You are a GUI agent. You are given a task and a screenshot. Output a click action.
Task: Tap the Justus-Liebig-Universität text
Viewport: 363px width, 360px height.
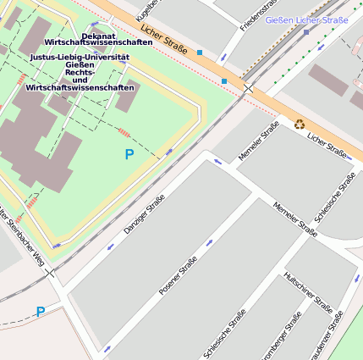[80, 58]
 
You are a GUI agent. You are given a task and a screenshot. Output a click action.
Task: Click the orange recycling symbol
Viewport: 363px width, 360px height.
[300, 124]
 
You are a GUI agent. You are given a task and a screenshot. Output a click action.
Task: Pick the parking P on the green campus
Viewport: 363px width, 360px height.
[129, 155]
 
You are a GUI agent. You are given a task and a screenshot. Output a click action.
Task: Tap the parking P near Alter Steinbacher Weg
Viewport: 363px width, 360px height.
[40, 313]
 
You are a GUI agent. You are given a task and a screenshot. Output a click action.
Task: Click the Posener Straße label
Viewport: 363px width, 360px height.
[178, 275]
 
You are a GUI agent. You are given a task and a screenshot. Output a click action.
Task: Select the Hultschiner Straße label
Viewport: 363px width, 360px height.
[308, 291]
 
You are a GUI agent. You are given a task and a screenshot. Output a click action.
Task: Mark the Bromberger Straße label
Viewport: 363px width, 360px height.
[282, 336]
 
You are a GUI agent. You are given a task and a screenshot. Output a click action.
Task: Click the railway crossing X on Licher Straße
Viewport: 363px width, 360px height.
[248, 89]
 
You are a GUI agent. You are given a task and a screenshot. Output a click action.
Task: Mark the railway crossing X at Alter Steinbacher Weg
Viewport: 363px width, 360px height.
[50, 273]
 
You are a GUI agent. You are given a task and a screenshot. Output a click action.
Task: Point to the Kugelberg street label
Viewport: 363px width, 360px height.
[144, 10]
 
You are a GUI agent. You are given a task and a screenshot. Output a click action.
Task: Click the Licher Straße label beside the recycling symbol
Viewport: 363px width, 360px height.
[327, 145]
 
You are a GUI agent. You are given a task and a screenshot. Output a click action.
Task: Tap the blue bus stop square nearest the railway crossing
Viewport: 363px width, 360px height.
[224, 81]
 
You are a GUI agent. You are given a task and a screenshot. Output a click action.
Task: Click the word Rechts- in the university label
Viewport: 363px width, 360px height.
[80, 73]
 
